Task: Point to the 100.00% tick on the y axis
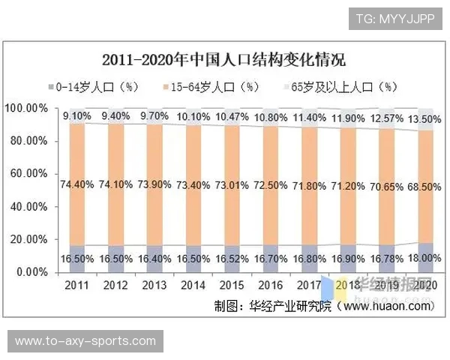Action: coord(26,109)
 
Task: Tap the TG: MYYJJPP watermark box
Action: coord(394,18)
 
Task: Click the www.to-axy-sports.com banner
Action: coord(85,341)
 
